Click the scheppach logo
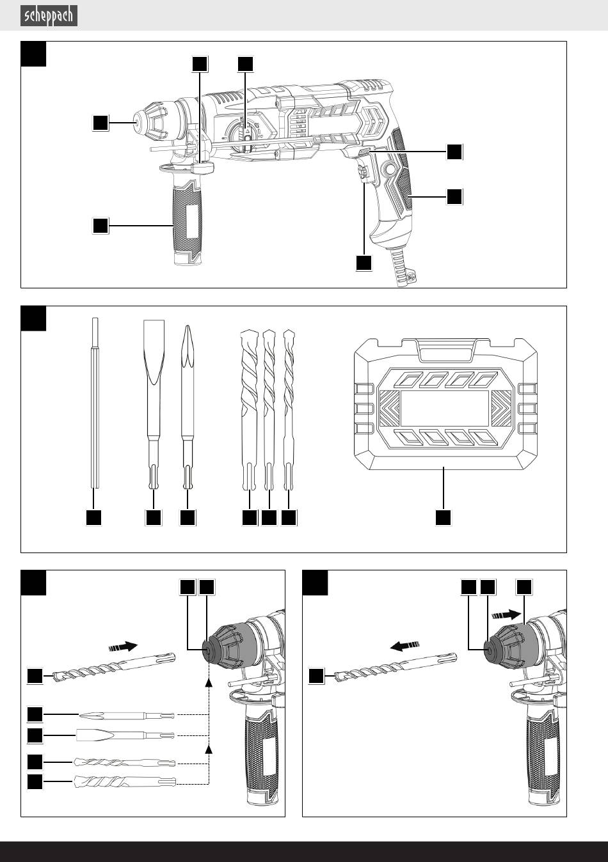49,16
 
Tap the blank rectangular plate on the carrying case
445,409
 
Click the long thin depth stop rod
95,403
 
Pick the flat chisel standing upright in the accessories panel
154,404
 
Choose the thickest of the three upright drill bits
249,409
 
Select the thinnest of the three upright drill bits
289,409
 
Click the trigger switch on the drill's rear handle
364,173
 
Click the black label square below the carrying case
443,517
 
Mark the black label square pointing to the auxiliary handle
100,226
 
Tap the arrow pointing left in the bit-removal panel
404,645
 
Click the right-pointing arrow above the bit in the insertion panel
124,646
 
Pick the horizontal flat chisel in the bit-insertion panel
125,735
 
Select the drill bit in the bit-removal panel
396,666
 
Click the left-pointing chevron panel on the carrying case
389,408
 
